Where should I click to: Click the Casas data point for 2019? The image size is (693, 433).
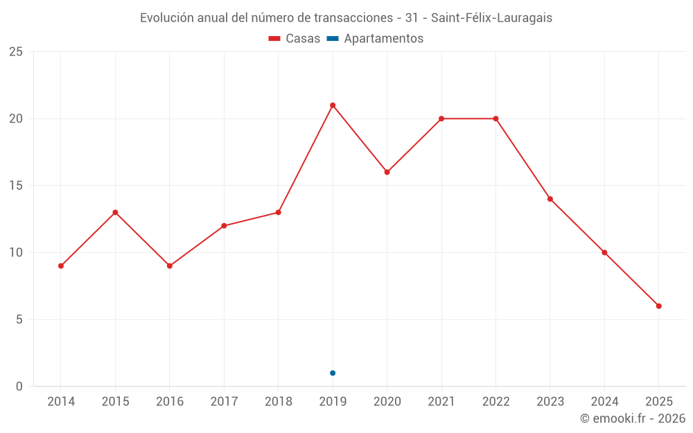click(x=333, y=105)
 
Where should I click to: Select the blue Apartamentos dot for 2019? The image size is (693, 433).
click(x=333, y=373)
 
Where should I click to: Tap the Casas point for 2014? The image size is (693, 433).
click(x=61, y=266)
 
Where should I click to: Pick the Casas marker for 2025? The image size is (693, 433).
click(x=659, y=306)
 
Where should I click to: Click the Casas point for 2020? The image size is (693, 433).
click(x=387, y=172)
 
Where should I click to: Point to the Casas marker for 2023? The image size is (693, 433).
click(x=550, y=199)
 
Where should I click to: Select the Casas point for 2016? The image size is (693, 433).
click(x=169, y=266)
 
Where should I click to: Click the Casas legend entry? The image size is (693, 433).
click(x=295, y=39)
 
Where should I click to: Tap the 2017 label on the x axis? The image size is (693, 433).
click(x=224, y=402)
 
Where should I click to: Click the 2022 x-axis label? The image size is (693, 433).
click(x=495, y=402)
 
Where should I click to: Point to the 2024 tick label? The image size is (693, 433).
click(x=604, y=402)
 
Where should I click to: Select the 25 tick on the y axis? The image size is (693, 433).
click(x=16, y=52)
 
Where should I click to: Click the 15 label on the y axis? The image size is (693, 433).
click(x=16, y=186)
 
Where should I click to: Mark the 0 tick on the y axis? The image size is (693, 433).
click(x=19, y=387)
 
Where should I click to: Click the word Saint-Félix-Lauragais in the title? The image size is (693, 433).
click(x=491, y=18)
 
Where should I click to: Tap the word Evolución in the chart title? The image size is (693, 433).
click(x=166, y=18)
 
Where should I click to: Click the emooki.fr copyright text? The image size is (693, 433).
click(x=632, y=418)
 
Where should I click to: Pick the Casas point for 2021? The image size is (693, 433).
click(x=441, y=118)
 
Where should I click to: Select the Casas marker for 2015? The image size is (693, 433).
click(x=115, y=212)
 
